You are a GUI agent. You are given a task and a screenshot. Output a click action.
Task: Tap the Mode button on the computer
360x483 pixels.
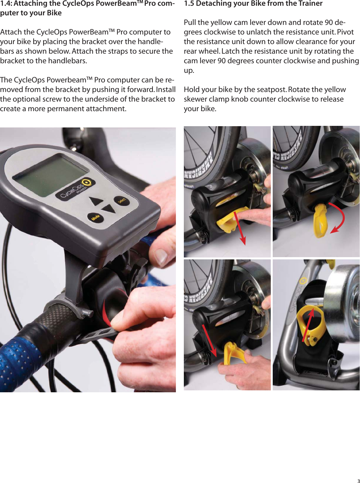coord(95,218)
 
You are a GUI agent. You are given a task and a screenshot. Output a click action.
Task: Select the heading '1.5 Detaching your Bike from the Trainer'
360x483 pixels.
coord(253,4)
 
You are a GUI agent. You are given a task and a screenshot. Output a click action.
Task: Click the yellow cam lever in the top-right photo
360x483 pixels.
coord(321,221)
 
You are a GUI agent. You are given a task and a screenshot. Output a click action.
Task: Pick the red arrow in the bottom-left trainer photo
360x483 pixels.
coord(209,340)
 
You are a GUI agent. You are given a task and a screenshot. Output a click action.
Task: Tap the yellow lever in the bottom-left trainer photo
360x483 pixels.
coord(233,353)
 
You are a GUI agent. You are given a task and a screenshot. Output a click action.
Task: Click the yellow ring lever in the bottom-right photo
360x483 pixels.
coord(309,323)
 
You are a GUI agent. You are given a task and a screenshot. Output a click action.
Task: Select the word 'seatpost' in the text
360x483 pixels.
coord(271,89)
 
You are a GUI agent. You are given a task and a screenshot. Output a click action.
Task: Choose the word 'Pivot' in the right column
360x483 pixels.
coord(345,32)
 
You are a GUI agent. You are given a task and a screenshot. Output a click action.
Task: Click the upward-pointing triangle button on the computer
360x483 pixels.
coord(96,201)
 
